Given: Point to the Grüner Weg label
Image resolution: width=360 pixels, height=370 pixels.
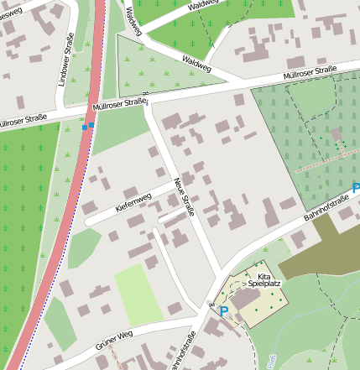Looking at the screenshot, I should tap(113, 336).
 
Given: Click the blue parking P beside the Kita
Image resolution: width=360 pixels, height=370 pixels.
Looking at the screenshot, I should tap(223, 310).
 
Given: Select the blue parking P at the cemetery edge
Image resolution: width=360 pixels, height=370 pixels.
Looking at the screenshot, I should tap(356, 189).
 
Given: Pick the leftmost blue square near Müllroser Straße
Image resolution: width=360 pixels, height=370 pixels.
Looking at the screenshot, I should tap(85, 128).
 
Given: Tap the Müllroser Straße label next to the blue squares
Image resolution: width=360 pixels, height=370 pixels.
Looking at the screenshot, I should tap(120, 104).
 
